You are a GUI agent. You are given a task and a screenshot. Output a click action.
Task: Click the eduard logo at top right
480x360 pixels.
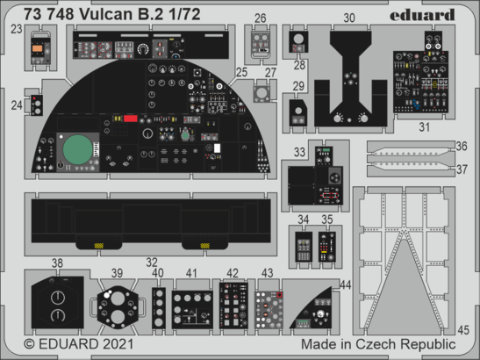[425, 14]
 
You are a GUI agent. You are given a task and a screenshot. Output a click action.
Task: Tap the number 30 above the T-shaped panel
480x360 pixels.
[349, 18]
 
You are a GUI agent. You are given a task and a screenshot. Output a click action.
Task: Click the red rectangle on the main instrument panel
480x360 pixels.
[132, 118]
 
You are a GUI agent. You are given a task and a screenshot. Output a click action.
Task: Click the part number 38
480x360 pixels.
[57, 263]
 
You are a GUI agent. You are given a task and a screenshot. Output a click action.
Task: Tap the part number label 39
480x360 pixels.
[117, 273]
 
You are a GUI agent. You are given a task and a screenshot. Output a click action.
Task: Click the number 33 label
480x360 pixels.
[299, 153]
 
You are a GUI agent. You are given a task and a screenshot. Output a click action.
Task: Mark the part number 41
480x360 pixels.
[192, 273]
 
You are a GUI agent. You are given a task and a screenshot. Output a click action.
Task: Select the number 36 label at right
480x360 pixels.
[462, 146]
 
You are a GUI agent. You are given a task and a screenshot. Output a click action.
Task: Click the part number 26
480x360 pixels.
[261, 18]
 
